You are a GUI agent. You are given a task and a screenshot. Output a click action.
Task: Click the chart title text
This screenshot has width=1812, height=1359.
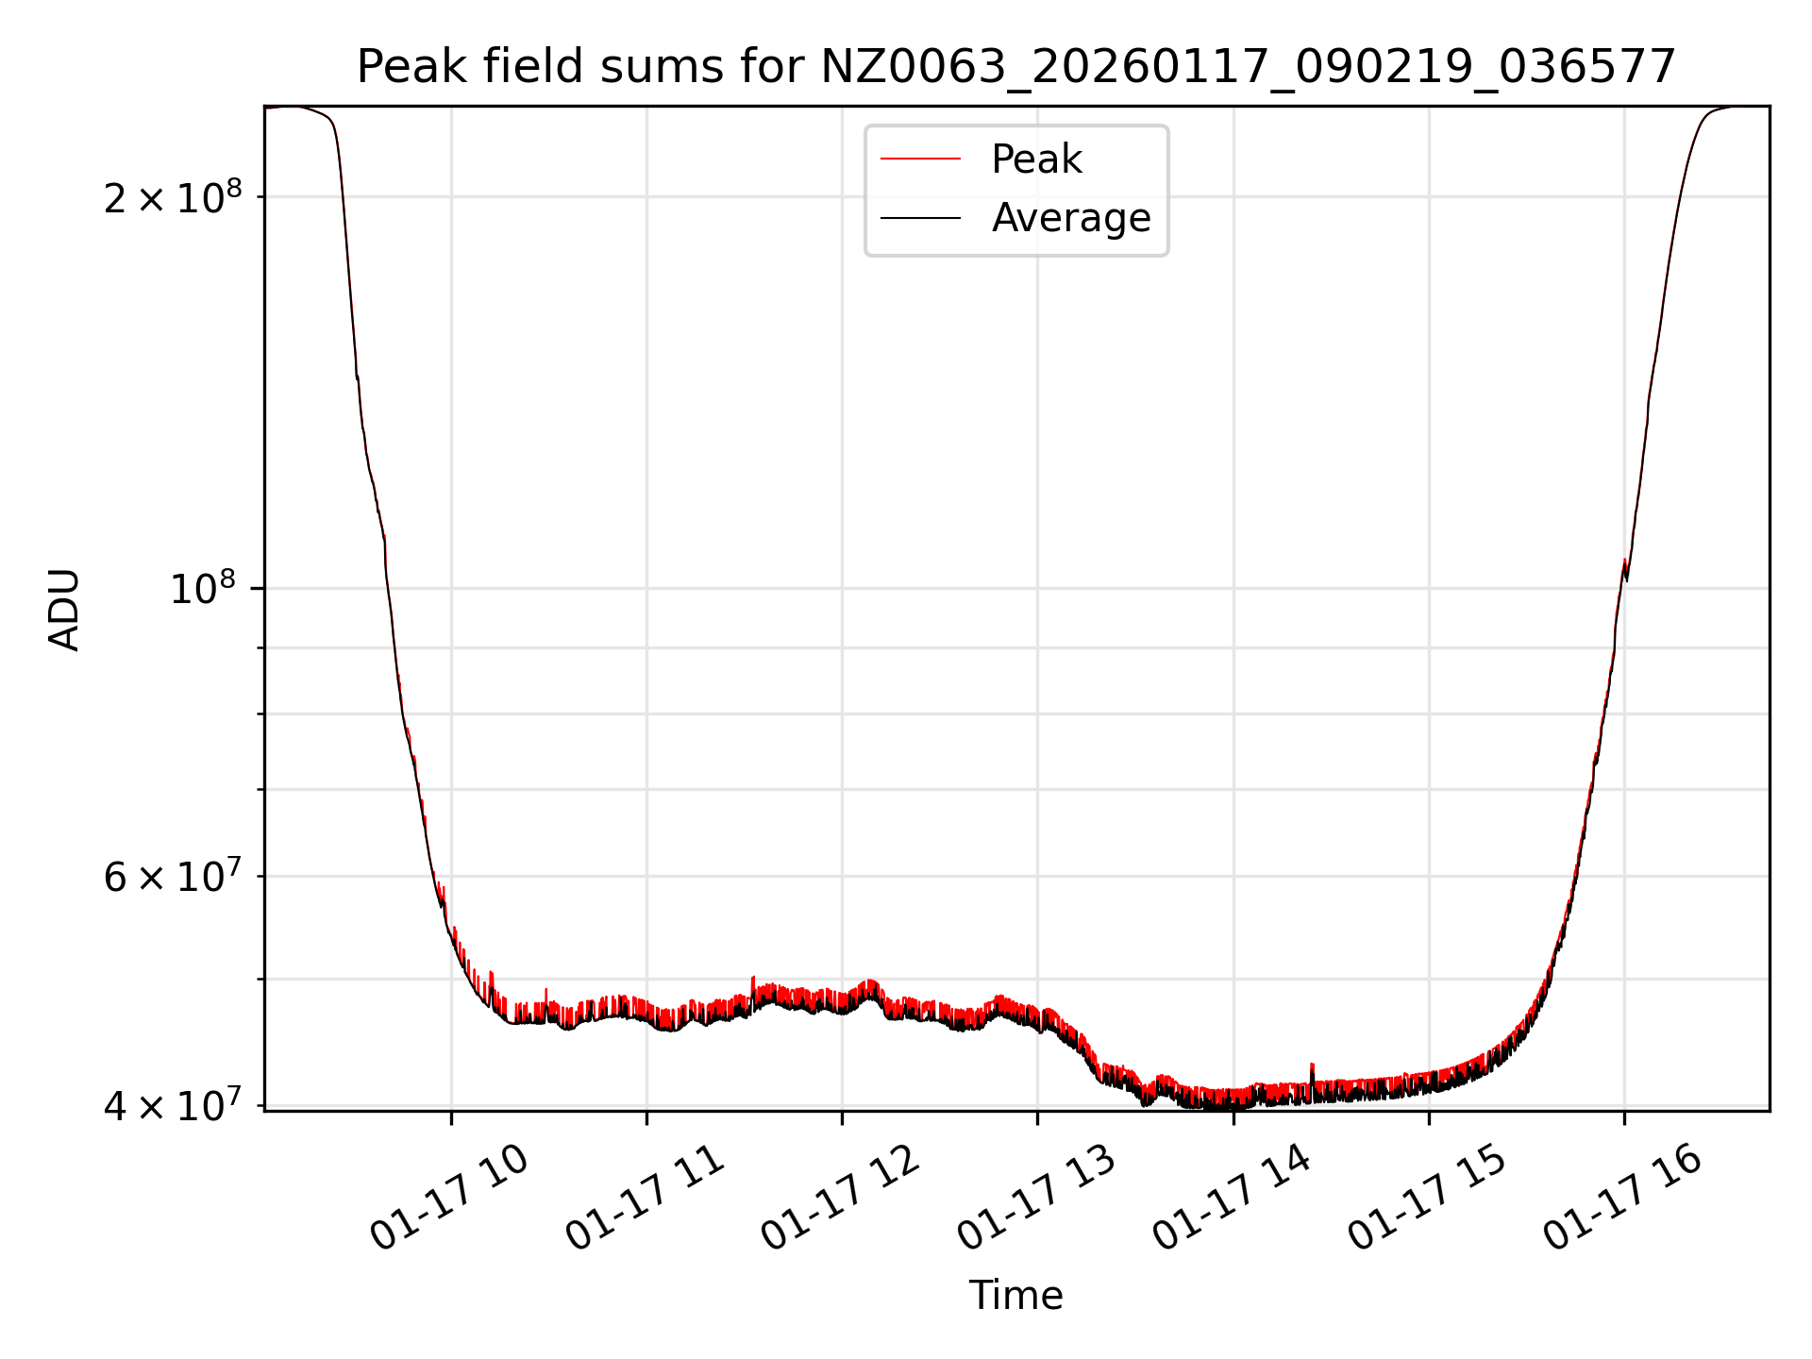[x=1015, y=67]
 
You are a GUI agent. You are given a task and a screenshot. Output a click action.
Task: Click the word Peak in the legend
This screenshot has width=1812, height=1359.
[x=1036, y=159]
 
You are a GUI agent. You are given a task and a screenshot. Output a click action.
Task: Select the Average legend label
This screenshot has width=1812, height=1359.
[x=1071, y=218]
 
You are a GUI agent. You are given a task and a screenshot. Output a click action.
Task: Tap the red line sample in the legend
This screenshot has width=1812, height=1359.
[x=920, y=159]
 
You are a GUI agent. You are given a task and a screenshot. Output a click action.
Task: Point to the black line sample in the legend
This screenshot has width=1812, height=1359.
[x=920, y=218]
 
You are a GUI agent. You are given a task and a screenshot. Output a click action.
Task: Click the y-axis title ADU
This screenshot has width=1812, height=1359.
[x=64, y=609]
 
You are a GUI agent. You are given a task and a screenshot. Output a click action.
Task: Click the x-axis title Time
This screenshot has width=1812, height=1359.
[x=1015, y=1296]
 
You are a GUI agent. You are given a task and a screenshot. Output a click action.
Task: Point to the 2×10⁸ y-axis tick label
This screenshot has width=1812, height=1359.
[x=173, y=198]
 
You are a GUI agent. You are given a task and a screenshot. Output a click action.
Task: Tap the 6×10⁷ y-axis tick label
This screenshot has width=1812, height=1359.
[x=173, y=878]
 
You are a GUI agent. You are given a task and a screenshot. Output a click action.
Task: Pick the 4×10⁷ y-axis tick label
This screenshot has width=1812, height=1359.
[x=173, y=1106]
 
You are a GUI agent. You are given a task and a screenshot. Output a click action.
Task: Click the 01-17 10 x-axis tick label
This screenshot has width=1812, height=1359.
[x=448, y=1199]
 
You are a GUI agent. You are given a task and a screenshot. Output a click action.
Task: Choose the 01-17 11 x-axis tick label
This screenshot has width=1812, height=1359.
[x=645, y=1199]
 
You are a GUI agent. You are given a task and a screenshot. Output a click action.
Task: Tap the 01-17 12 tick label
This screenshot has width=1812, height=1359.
[x=840, y=1199]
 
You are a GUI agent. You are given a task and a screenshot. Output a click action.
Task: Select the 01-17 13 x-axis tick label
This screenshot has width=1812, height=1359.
[x=1036, y=1199]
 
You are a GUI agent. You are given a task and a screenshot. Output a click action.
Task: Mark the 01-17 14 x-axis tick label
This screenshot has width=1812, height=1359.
[x=1232, y=1199]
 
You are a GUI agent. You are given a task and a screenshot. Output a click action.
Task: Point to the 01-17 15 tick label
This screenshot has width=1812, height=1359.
[x=1427, y=1199]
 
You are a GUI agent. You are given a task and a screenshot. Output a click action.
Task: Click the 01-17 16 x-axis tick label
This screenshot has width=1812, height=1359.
[x=1622, y=1199]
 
